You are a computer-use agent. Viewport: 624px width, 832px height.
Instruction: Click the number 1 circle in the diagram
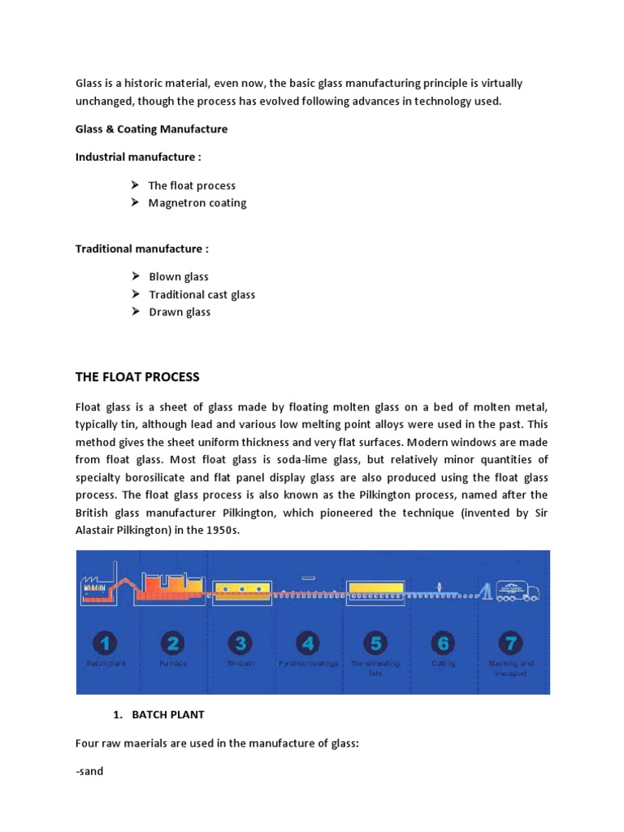105,643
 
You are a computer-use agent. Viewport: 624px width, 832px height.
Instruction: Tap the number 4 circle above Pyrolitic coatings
307,643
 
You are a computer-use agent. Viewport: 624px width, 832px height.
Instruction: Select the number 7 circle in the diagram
510,643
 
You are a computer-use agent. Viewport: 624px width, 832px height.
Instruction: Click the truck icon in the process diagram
520,590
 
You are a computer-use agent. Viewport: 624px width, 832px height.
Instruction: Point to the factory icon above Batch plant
96,589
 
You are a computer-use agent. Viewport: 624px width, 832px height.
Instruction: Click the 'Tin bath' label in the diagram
240,664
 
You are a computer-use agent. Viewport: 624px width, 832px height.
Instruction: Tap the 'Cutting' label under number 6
443,664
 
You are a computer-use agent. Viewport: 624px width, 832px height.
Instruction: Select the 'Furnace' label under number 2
172,664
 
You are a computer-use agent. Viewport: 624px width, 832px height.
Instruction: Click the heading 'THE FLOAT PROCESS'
137,377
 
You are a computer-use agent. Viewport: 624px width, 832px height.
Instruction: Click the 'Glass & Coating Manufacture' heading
152,129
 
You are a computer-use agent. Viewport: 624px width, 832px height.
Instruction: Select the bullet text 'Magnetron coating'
197,203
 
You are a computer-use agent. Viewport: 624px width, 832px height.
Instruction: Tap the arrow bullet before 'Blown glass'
136,277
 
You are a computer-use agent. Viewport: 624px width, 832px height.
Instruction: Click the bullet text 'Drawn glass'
180,313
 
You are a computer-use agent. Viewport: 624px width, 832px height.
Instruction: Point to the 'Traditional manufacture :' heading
142,249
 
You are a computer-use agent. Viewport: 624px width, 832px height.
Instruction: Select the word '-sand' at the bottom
89,771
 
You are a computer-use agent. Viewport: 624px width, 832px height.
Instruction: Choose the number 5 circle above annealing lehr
375,643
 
